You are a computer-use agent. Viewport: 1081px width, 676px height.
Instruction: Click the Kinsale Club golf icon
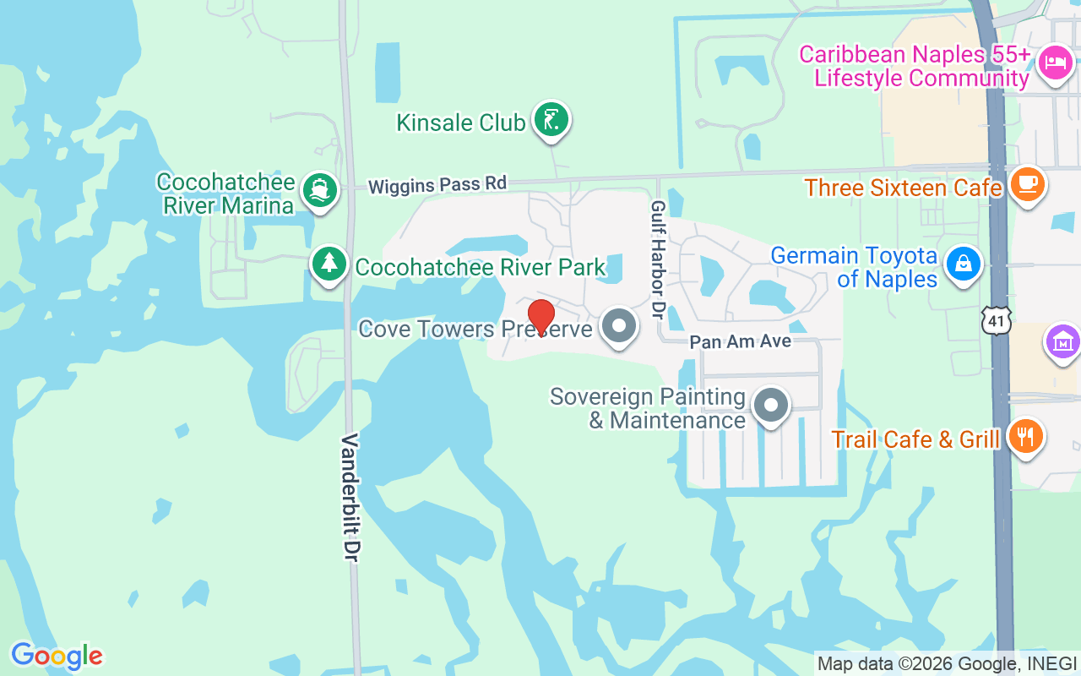click(551, 120)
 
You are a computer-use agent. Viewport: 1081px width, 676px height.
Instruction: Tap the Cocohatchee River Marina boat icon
click(320, 191)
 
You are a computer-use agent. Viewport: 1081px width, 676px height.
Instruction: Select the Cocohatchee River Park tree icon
click(329, 264)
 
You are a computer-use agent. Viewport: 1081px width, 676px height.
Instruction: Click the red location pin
click(540, 317)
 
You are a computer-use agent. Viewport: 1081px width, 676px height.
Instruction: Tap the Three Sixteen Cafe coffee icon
click(1027, 183)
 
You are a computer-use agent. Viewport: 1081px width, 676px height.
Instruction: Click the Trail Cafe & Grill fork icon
click(1025, 437)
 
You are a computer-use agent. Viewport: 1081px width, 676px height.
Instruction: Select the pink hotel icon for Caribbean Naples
click(1055, 63)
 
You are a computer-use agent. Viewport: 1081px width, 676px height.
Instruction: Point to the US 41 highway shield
click(997, 320)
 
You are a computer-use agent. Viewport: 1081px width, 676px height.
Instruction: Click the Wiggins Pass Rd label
click(437, 183)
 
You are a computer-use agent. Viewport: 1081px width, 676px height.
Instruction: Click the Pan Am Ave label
click(740, 341)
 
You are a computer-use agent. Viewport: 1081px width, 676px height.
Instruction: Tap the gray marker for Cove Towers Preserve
click(620, 326)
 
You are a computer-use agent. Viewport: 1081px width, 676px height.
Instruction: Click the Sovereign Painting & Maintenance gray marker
click(770, 406)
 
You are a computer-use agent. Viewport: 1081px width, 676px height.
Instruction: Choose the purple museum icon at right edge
click(1062, 342)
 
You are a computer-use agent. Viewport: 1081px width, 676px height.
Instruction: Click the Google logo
click(57, 656)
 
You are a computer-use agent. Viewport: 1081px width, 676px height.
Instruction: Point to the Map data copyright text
click(947, 663)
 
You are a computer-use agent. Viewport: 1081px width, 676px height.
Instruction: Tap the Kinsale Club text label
click(461, 123)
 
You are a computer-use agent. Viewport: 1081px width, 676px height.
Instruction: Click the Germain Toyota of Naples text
click(854, 267)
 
